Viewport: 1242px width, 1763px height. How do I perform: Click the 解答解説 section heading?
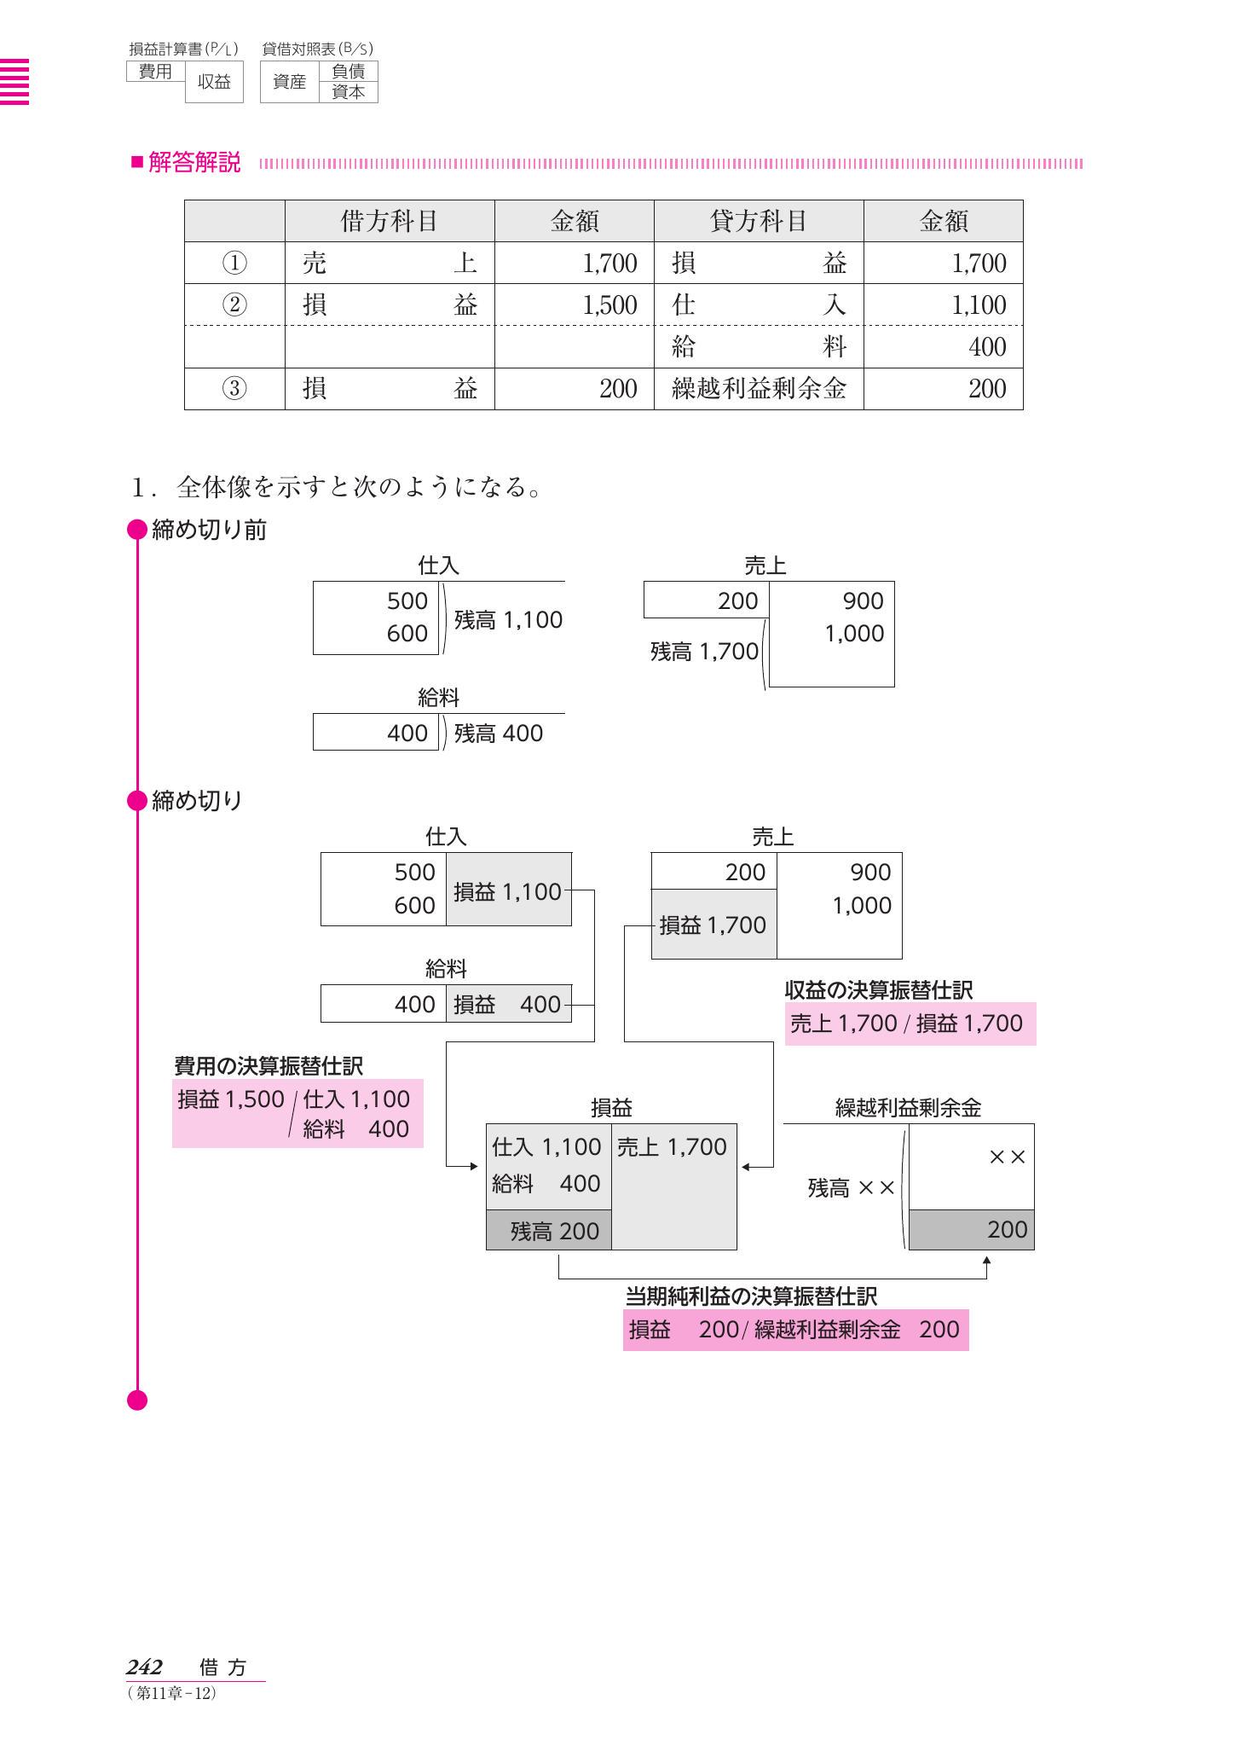pos(194,163)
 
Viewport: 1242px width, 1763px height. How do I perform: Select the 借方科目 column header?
pos(389,222)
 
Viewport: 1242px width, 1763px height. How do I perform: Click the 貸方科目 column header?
pos(758,222)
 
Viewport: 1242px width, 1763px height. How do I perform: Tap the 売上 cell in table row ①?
pos(389,264)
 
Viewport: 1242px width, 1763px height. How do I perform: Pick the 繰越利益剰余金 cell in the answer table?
pos(758,389)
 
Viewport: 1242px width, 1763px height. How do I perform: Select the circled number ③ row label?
pos(234,389)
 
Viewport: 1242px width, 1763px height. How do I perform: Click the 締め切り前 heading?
pos(209,531)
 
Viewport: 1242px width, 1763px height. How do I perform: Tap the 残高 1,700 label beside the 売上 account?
pos(703,652)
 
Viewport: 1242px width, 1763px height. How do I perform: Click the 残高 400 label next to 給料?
pos(498,734)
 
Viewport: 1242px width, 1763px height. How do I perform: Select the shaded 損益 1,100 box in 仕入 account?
pos(508,892)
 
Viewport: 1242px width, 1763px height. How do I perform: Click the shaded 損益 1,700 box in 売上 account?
pos(713,925)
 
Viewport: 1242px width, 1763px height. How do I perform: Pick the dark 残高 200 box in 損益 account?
pos(549,1231)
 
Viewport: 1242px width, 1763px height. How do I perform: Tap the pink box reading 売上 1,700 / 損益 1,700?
pos(910,1024)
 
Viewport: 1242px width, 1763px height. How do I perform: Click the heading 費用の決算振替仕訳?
pos(269,1066)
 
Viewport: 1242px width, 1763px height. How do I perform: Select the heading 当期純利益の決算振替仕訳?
pos(751,1296)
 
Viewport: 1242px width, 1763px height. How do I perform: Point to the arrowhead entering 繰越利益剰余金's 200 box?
pos(986,1259)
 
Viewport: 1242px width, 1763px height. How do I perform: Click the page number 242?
pos(144,1667)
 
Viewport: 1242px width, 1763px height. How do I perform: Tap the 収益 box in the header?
pos(214,83)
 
